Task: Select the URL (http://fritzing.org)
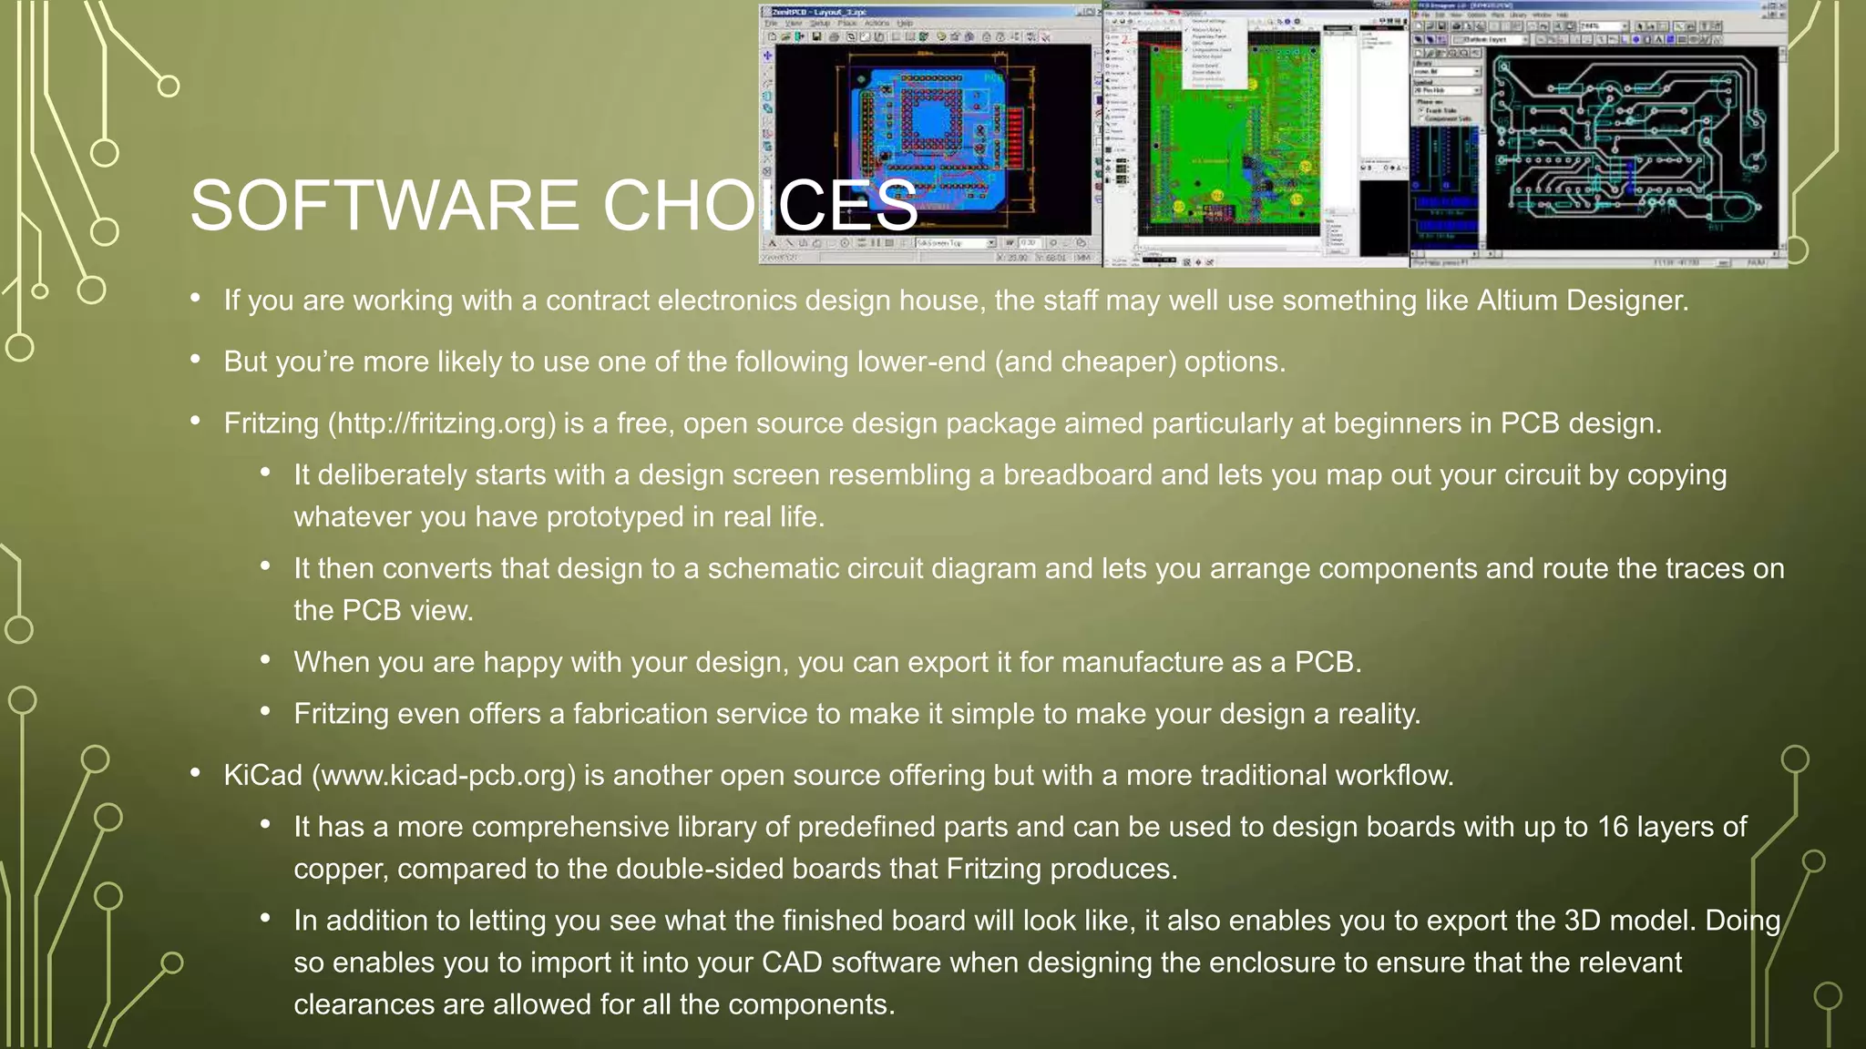[x=441, y=423]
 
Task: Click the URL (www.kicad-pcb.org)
[x=444, y=775]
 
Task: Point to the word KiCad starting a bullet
[x=262, y=775]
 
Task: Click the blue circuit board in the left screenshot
[x=929, y=137]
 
